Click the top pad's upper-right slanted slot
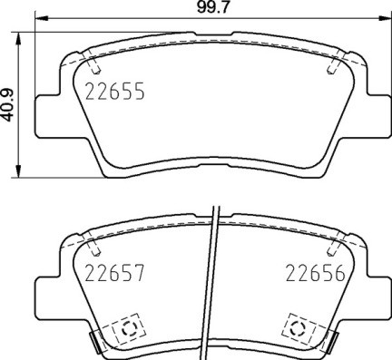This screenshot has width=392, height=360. [333, 64]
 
